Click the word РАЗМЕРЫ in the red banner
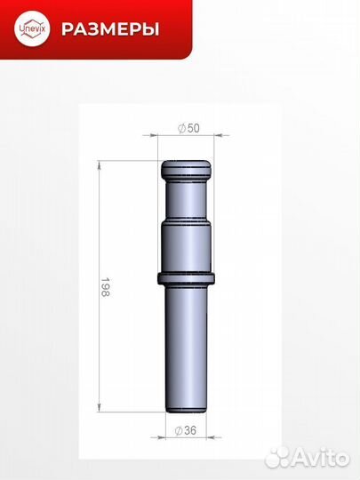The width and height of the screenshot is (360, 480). coord(110,30)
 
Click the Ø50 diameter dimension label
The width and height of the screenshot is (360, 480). coord(188,128)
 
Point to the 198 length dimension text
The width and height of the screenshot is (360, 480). coord(105,286)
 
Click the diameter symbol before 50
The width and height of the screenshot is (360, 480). coord(181,128)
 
